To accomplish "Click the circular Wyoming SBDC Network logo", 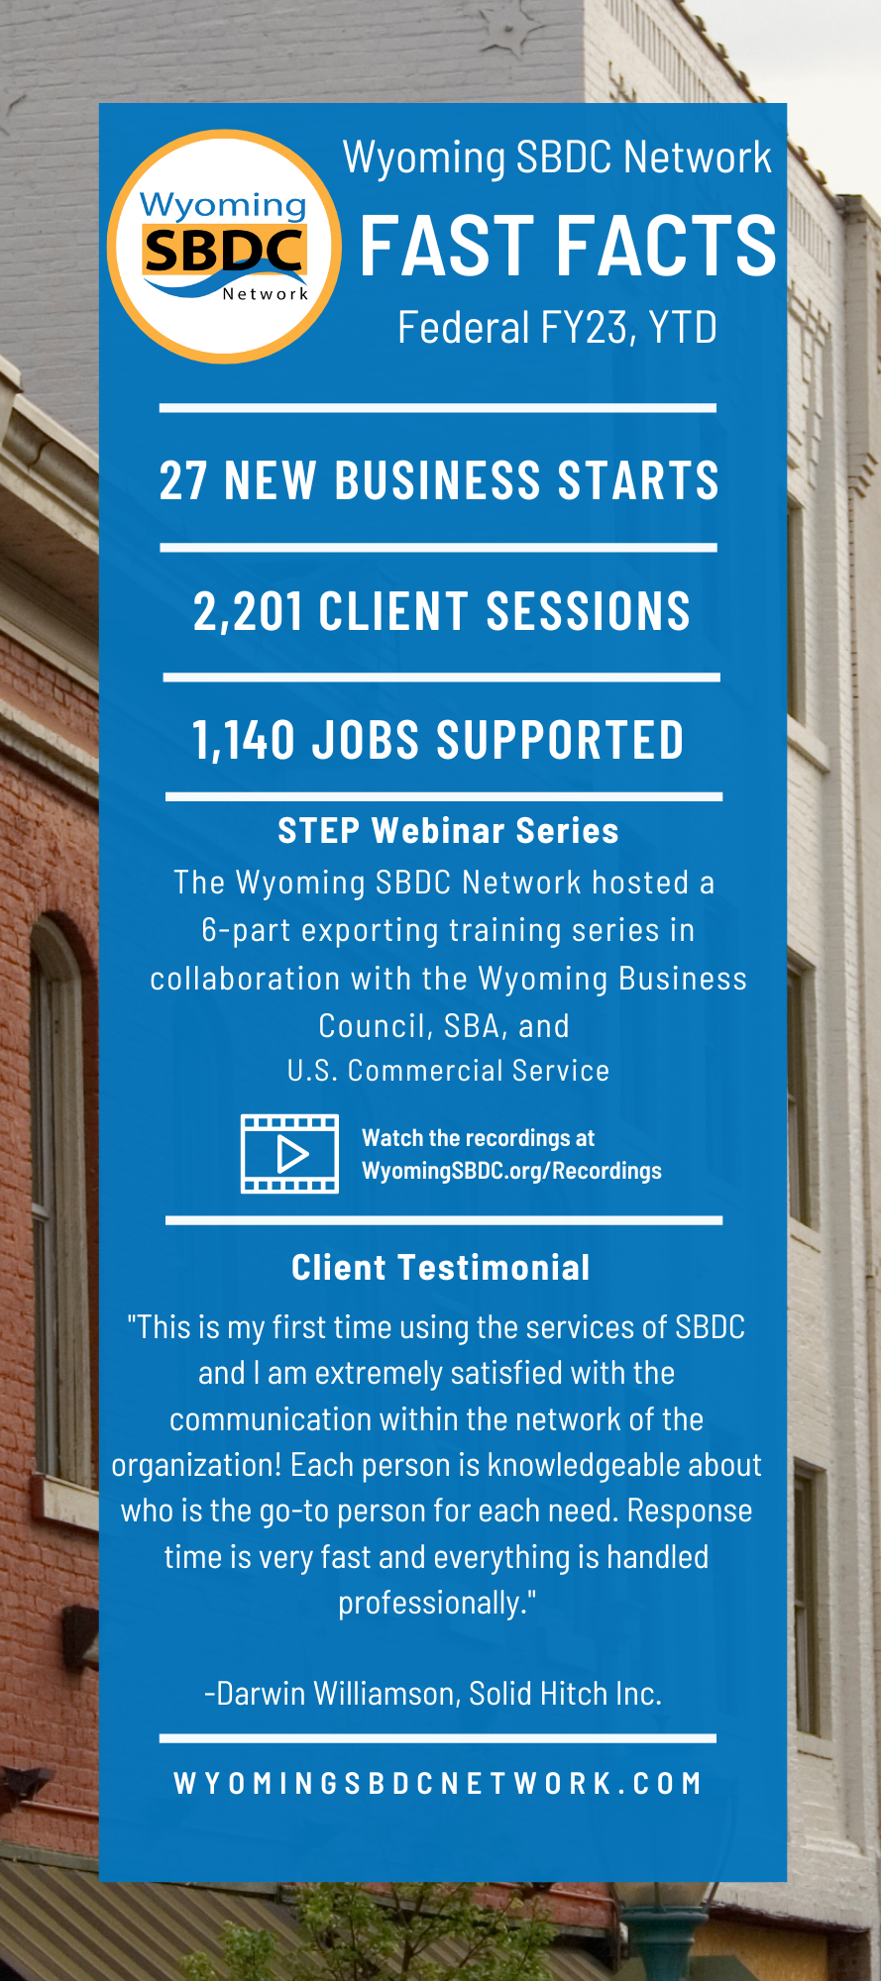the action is [x=224, y=247].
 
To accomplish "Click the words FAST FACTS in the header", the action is [x=568, y=246].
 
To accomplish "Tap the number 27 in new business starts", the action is [x=183, y=480].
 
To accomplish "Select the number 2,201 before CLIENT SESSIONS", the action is [x=248, y=611].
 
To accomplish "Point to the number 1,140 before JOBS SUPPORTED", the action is [x=244, y=741].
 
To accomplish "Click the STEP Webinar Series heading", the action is [x=448, y=831].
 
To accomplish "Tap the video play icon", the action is [x=289, y=1154].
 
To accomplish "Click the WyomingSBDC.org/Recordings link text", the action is [x=511, y=1171].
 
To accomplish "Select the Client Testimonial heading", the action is [x=441, y=1268].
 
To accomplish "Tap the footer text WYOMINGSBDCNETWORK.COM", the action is [x=438, y=1784].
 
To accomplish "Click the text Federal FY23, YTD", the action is [x=557, y=328].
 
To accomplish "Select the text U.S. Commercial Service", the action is [x=448, y=1071].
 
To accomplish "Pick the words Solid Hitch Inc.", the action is [x=565, y=1694].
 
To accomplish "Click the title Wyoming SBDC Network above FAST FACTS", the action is [x=557, y=157].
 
